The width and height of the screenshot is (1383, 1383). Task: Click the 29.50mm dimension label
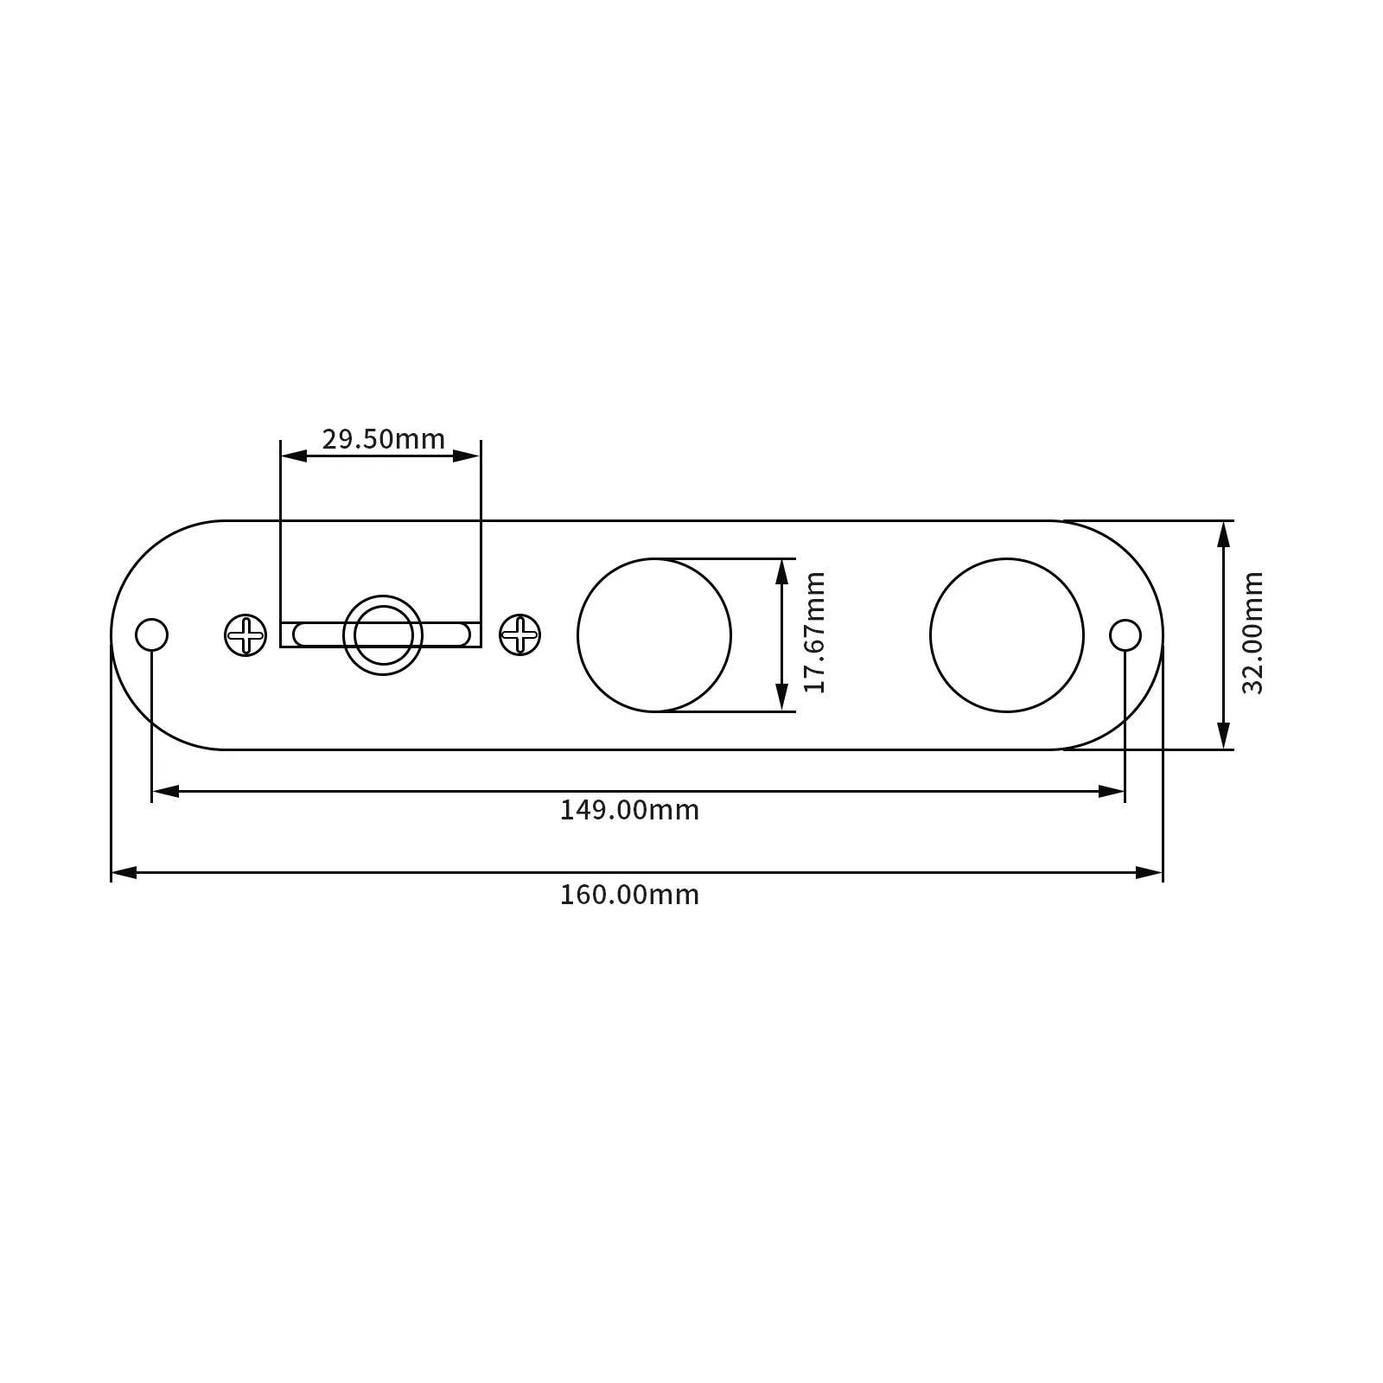click(383, 439)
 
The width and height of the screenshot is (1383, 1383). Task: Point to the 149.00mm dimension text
click(629, 811)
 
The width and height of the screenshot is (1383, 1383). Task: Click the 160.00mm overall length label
click(629, 895)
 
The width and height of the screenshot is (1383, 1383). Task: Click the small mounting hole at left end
click(151, 634)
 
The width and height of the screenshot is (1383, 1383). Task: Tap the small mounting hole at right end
click(1125, 634)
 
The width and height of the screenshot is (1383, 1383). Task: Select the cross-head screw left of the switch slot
click(245, 635)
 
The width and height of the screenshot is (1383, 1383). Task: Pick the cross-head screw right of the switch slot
click(520, 634)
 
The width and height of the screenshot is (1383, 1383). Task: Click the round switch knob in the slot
click(383, 635)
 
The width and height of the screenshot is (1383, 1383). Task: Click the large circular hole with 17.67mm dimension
click(654, 635)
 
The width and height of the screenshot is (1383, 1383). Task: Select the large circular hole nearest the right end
click(1006, 635)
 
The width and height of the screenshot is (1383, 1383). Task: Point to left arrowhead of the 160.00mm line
click(123, 873)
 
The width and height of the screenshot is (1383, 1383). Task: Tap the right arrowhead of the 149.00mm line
click(1112, 791)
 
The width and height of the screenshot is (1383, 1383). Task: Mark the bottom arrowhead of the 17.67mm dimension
click(781, 698)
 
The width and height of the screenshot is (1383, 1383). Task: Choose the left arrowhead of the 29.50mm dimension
click(293, 456)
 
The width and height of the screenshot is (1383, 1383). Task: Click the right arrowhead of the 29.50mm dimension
click(468, 456)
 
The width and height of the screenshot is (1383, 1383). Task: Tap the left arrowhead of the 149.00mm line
click(164, 791)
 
